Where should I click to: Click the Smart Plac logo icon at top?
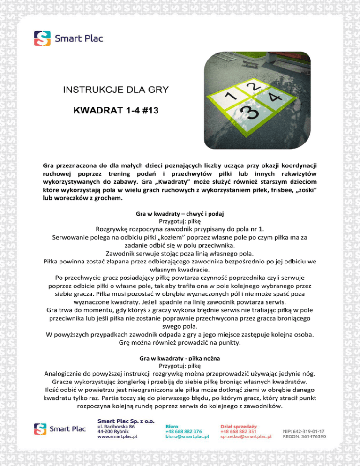click(42, 38)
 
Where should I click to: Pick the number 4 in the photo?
click(275, 97)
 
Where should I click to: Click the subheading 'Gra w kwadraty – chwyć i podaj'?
click(180, 213)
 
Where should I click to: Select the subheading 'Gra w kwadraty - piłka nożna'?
click(180, 358)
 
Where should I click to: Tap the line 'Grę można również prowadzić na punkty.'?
click(180, 342)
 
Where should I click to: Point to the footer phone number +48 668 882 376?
click(184, 431)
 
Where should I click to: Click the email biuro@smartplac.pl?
click(187, 437)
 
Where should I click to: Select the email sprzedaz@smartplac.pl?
click(246, 437)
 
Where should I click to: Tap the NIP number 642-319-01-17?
click(304, 431)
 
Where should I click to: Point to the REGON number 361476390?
click(304, 437)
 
